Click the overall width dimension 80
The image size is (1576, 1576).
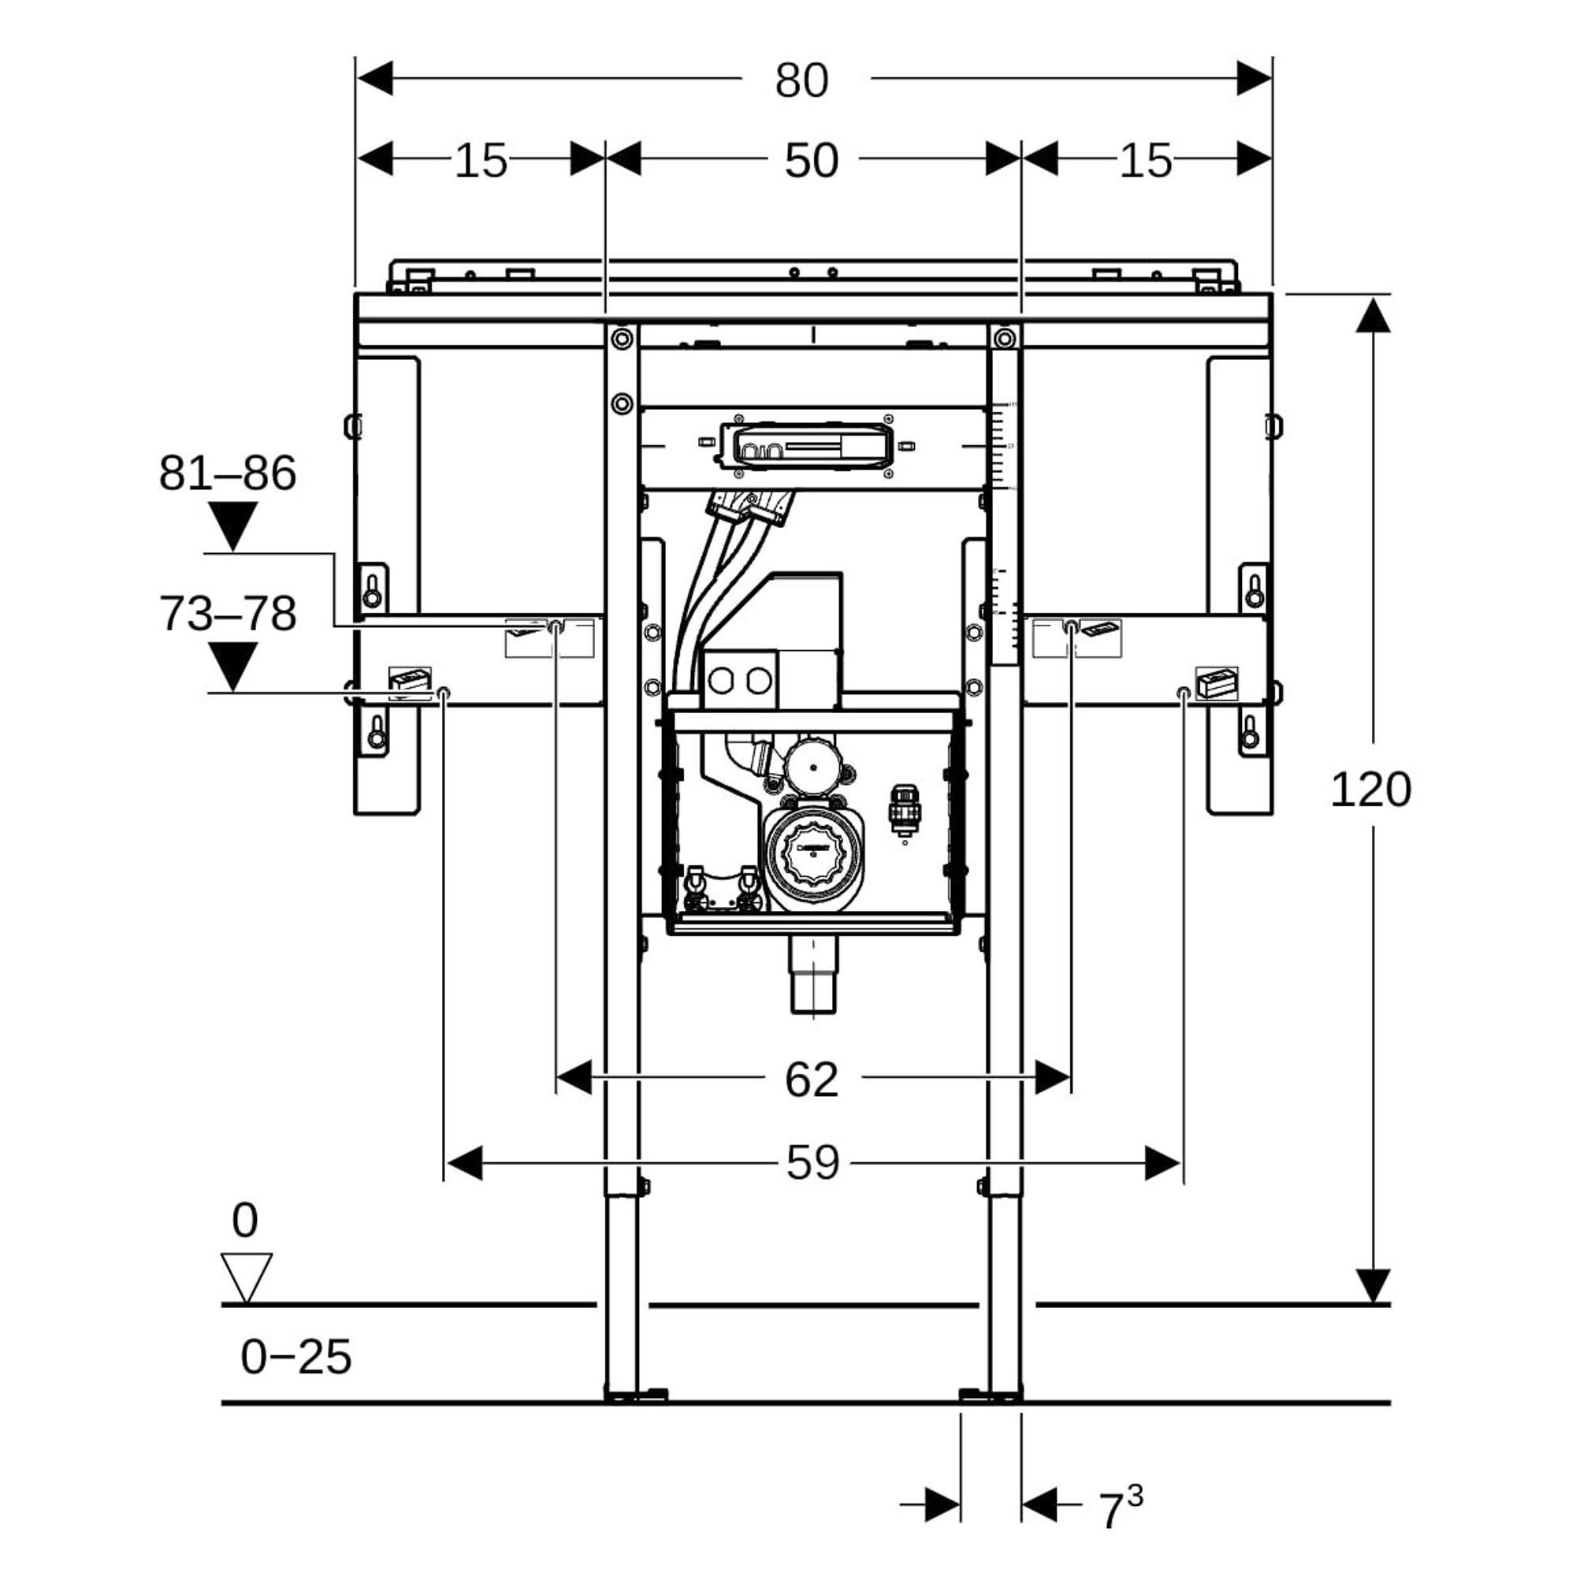click(x=801, y=80)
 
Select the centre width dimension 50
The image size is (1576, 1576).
click(x=811, y=160)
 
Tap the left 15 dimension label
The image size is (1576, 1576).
click(x=481, y=160)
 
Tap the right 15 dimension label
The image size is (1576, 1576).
click(x=1144, y=160)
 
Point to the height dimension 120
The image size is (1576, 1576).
click(x=1370, y=789)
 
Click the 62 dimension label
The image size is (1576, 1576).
click(x=811, y=1080)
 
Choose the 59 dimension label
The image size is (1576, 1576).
click(x=812, y=1162)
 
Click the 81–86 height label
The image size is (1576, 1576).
click(x=227, y=473)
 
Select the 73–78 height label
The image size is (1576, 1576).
click(x=227, y=613)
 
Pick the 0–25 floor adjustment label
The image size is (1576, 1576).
click(x=295, y=1358)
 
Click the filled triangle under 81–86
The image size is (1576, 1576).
click(x=232, y=526)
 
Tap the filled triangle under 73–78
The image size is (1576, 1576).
click(x=232, y=666)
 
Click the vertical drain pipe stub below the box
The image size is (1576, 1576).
click(x=813, y=977)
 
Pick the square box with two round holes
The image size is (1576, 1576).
click(x=739, y=678)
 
